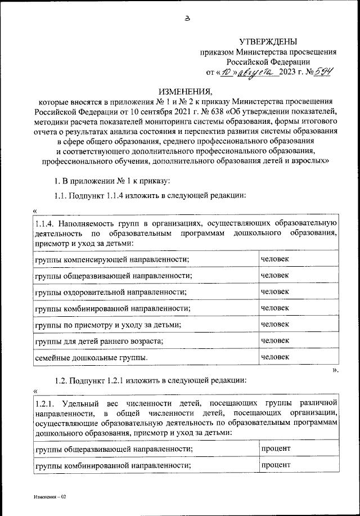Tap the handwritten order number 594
(x=325, y=72)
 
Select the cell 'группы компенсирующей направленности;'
(x=111, y=259)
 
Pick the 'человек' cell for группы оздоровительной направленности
(x=275, y=291)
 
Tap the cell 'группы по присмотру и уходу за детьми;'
(x=107, y=325)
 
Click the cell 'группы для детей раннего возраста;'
(x=99, y=341)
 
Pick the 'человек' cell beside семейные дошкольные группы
(x=275, y=357)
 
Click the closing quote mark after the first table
(x=335, y=369)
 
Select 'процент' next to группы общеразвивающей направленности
(x=276, y=448)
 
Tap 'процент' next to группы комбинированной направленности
(x=276, y=465)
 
